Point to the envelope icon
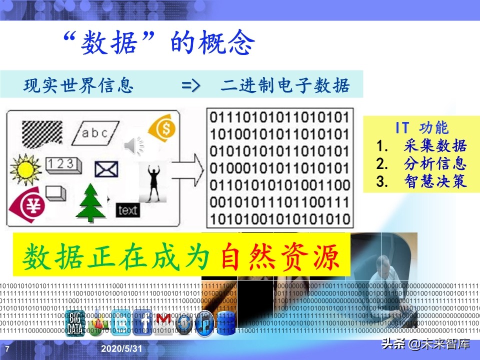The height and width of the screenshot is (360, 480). pos(106,169)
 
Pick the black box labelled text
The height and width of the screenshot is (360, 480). pos(127,210)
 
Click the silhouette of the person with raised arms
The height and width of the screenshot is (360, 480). pos(152,182)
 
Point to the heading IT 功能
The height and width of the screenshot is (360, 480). pos(421,128)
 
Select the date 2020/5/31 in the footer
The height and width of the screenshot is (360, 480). pos(120,348)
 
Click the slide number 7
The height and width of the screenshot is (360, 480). pos(7,348)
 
